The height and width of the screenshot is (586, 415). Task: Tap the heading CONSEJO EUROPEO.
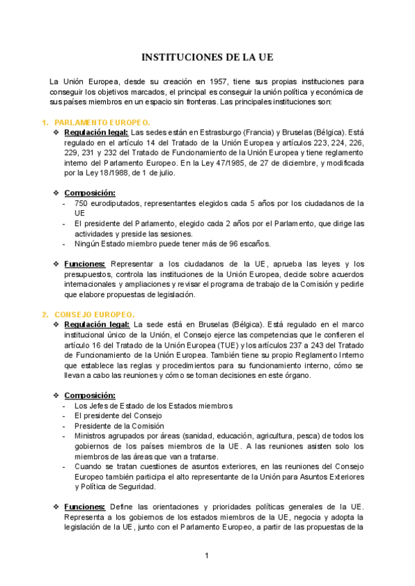click(x=94, y=314)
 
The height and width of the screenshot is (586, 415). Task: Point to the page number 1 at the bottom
click(x=206, y=556)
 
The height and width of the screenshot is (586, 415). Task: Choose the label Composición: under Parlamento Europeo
click(x=90, y=193)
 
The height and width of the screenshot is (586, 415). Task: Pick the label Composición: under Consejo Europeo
click(x=90, y=395)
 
